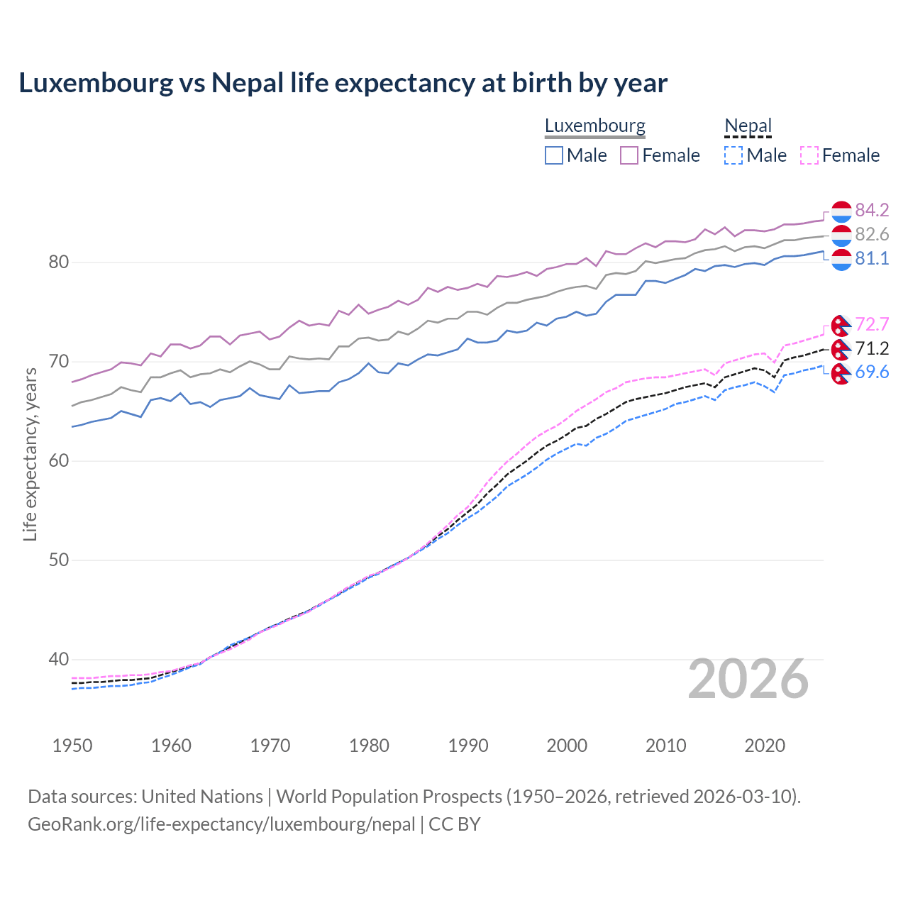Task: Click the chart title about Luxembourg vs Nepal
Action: click(343, 83)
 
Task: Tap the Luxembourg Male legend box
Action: click(554, 155)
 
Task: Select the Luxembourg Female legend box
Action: click(629, 155)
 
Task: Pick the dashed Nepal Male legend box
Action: click(733, 155)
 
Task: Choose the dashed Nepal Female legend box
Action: click(809, 155)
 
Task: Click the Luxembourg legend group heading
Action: click(594, 126)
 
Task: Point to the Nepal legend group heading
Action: click(748, 126)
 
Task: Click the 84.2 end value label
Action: click(872, 210)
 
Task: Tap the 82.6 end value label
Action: click(872, 234)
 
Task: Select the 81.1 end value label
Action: click(872, 258)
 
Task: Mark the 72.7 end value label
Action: click(872, 324)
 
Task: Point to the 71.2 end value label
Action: click(872, 348)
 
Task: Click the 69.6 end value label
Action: click(872, 372)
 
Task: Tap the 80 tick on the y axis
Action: click(58, 262)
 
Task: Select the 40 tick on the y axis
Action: click(58, 660)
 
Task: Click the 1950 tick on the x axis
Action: click(72, 746)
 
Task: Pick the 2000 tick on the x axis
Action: click(567, 746)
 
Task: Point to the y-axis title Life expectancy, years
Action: click(30, 454)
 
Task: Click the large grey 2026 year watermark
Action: click(748, 679)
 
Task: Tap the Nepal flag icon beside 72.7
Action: click(841, 325)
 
